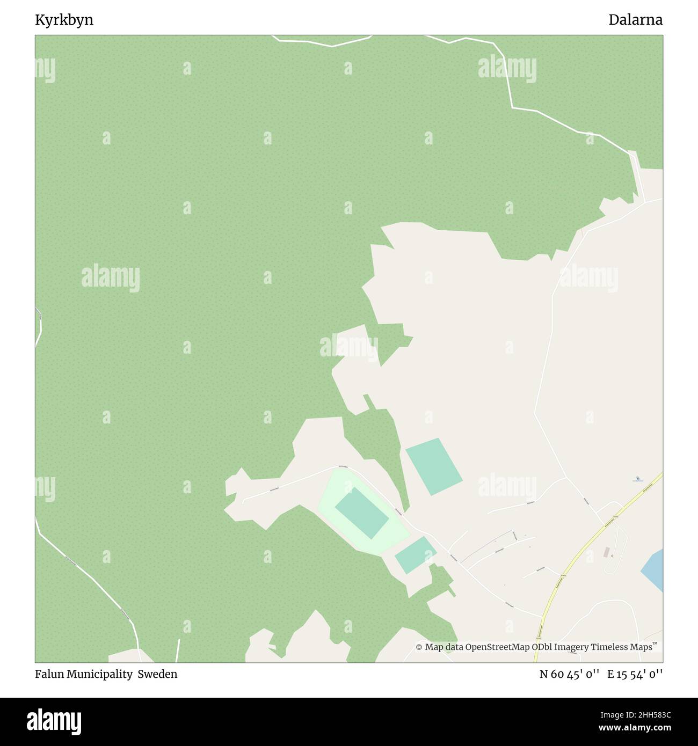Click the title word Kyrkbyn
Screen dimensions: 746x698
tap(64, 20)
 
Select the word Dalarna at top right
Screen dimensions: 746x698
tap(635, 20)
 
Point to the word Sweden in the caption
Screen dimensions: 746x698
tap(157, 674)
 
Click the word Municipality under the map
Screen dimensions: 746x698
tap(100, 674)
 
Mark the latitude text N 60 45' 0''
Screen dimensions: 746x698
tap(569, 674)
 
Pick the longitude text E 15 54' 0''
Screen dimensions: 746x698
tap(635, 674)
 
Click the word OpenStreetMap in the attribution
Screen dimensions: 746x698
tap(497, 647)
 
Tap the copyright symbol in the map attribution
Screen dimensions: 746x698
tap(419, 647)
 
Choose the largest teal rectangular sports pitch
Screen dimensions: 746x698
tap(434, 466)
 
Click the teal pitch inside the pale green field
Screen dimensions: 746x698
tap(361, 513)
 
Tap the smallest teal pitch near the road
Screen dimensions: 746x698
tap(415, 555)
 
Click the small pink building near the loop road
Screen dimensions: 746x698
tap(607, 552)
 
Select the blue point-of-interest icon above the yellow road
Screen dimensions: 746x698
tap(637, 478)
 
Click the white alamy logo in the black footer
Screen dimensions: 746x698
tap(54, 722)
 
